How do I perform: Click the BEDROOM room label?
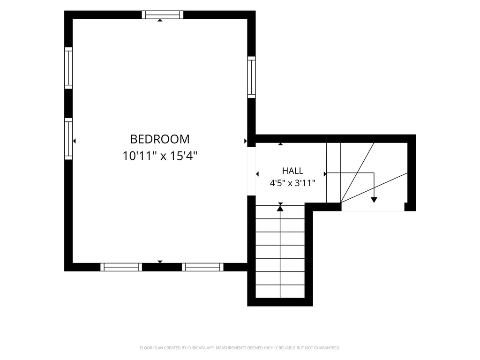coord(160,139)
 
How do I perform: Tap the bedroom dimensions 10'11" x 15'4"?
coord(160,156)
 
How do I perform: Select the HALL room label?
coord(292,171)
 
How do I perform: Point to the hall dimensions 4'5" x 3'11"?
coord(292,183)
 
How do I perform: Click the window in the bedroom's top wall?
coord(163,15)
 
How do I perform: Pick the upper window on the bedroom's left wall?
coord(68,68)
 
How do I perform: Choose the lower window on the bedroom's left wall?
coord(68,139)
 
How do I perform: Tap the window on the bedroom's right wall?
coord(251,77)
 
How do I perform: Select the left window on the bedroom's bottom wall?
coord(121,267)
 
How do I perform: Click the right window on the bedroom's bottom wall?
coord(202,267)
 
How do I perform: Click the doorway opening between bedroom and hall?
coord(251,172)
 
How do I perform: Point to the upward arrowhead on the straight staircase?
coord(280,209)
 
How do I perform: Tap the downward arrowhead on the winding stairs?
coord(374,200)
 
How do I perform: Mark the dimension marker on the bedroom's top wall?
coord(160,20)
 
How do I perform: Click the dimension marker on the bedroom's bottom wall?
coord(160,262)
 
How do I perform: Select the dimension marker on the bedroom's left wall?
coord(74,141)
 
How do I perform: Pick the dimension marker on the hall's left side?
coord(257,174)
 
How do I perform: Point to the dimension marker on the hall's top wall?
coord(280,144)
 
